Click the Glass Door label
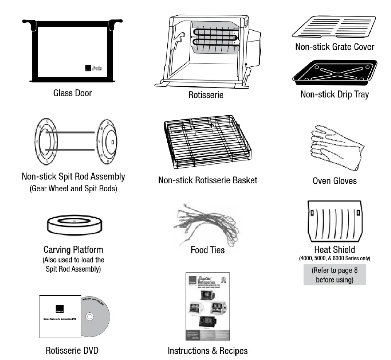point(73,93)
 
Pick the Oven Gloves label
point(335,181)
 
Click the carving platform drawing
point(73,226)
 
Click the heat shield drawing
point(334,221)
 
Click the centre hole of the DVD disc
point(89,317)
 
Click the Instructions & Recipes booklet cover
point(207,306)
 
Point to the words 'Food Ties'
point(208,250)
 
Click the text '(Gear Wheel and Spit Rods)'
point(73,189)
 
